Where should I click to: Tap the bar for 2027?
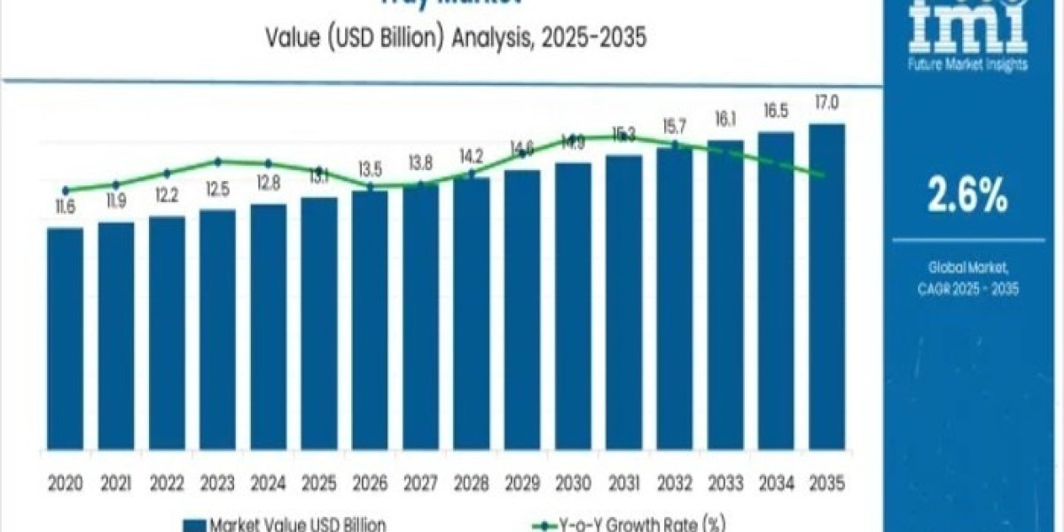(x=420, y=319)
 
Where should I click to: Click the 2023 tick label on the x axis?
(x=217, y=483)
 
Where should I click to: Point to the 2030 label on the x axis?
(x=573, y=483)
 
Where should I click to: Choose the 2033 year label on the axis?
(x=725, y=483)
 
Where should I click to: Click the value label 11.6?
(x=65, y=207)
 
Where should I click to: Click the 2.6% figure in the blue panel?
(x=967, y=196)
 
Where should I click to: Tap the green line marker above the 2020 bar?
(x=66, y=190)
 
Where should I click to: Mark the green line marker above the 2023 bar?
(x=217, y=160)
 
